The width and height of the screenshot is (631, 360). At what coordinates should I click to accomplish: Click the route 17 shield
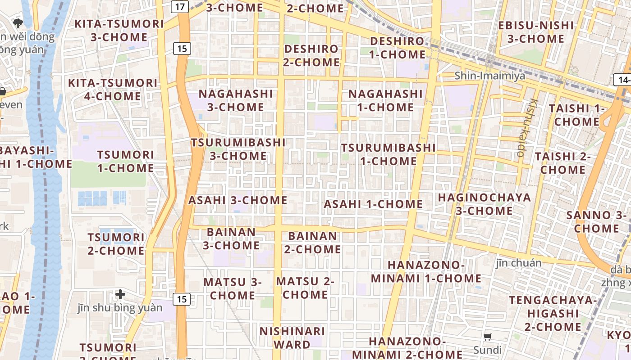[180, 7]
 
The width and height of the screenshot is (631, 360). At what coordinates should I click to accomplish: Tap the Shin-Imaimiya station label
[489, 76]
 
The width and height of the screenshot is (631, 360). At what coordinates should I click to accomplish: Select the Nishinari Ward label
[292, 338]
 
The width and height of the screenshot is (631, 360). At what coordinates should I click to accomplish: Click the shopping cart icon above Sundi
[487, 337]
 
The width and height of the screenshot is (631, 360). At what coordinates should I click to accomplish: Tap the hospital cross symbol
[120, 295]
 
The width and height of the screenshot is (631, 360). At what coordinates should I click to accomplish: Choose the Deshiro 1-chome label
[397, 48]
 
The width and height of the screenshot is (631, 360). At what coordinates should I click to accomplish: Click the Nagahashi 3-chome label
[236, 100]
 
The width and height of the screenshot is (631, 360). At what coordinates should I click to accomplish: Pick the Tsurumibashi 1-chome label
[388, 154]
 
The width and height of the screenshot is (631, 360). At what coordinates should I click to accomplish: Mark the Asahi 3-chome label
[238, 200]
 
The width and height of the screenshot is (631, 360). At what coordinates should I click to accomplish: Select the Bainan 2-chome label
[312, 243]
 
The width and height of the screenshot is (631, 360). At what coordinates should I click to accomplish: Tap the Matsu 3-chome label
[233, 289]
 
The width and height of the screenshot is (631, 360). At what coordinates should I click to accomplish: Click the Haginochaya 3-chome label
[484, 204]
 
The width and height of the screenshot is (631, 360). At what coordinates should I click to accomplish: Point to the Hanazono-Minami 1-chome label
[426, 271]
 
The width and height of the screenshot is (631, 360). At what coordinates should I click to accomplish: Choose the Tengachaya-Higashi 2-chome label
[553, 313]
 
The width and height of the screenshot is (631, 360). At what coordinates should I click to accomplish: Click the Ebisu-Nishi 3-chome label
[536, 32]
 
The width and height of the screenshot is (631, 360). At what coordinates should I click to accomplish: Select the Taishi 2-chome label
[562, 163]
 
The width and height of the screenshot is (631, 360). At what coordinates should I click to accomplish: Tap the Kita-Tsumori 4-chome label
[113, 90]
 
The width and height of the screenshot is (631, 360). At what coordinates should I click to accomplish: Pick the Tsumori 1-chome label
[126, 162]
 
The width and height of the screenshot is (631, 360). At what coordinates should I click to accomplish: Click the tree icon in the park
[18, 22]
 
